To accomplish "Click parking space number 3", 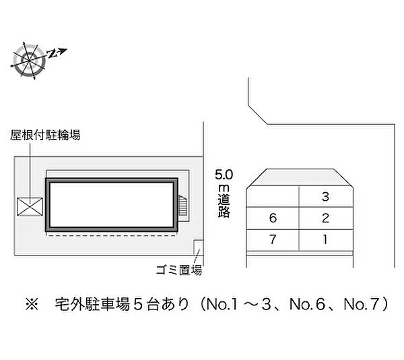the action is click(x=326, y=196).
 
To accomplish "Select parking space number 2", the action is click(x=326, y=218).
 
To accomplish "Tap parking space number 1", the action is click(x=326, y=240).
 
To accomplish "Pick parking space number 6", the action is click(x=273, y=218).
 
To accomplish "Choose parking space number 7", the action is click(x=273, y=240).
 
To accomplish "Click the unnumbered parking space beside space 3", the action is click(x=273, y=196).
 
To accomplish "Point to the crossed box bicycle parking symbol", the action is click(x=30, y=206).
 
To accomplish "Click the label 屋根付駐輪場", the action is click(x=45, y=135).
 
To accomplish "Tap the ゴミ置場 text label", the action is click(x=179, y=270).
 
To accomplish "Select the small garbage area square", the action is click(x=199, y=247).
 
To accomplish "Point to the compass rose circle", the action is click(x=29, y=61).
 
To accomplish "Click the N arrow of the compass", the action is click(x=57, y=53).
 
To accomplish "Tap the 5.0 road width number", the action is click(x=224, y=175).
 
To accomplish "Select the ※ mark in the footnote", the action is click(x=32, y=304).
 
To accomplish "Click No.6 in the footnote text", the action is click(x=307, y=304).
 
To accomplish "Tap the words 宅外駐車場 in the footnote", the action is click(x=92, y=304).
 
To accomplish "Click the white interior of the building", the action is click(x=112, y=204).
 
